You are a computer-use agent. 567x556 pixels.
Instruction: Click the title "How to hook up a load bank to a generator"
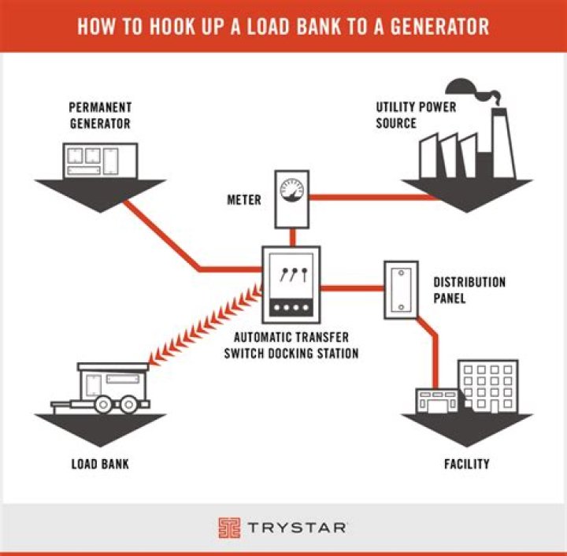(x=283, y=25)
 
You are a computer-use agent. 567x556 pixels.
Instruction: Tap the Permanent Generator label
(x=99, y=115)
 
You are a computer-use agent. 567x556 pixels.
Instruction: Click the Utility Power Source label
(x=416, y=115)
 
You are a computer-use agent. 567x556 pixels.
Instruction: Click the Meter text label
(x=244, y=200)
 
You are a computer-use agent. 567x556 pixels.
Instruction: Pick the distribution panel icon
(x=400, y=289)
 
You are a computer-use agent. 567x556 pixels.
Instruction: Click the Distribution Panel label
(x=469, y=290)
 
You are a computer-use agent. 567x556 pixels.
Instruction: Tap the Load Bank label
(x=100, y=464)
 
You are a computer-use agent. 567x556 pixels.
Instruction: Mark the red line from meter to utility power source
(x=370, y=196)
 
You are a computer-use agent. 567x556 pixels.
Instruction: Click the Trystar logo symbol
(x=229, y=527)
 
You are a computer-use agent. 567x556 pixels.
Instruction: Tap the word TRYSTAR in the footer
(x=299, y=527)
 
